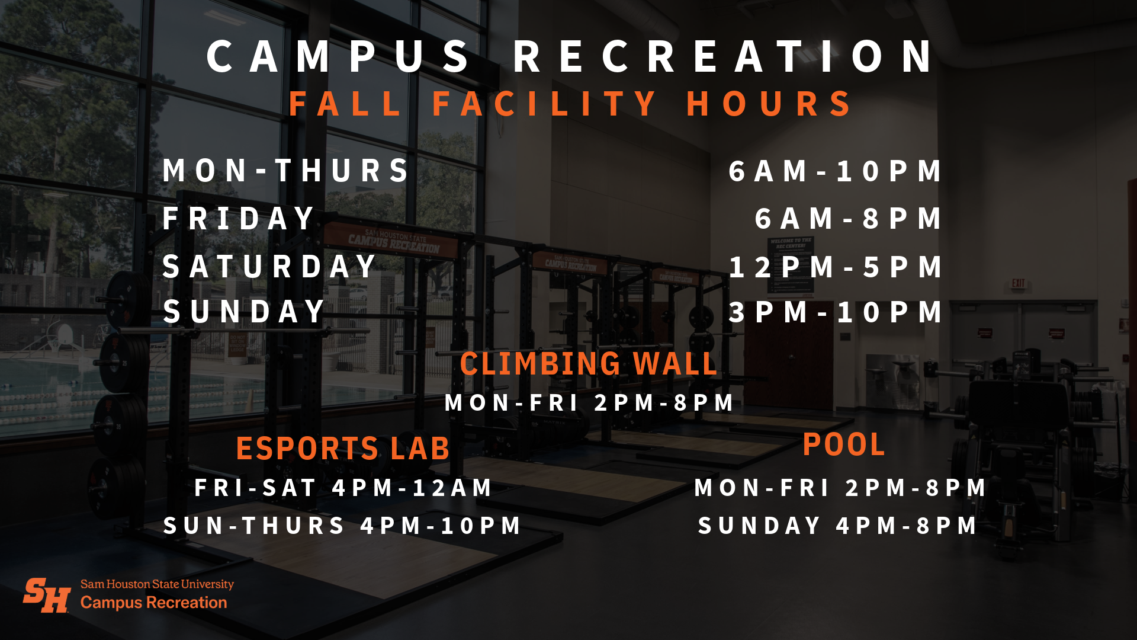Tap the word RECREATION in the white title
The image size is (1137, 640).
(x=723, y=57)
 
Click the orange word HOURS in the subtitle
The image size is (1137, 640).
(x=769, y=104)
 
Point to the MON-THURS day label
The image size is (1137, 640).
(x=286, y=171)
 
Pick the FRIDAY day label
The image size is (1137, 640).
(x=239, y=218)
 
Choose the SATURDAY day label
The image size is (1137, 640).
(x=270, y=266)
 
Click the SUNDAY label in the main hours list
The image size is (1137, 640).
(x=245, y=312)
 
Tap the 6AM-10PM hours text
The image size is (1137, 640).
(x=835, y=171)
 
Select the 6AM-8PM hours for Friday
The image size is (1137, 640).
(x=848, y=219)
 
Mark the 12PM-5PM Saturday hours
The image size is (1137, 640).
(x=835, y=267)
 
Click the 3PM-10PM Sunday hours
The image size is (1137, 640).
(x=835, y=312)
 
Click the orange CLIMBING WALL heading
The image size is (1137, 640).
(x=589, y=363)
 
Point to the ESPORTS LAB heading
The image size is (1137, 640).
(x=343, y=448)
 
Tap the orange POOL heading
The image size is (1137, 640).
(x=844, y=444)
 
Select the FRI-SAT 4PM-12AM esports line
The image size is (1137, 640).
(x=343, y=488)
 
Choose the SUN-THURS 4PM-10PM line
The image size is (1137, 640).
(x=342, y=526)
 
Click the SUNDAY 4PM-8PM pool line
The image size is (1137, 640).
(x=837, y=526)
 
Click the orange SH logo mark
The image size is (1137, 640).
(x=47, y=595)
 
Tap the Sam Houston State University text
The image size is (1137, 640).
(x=157, y=584)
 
